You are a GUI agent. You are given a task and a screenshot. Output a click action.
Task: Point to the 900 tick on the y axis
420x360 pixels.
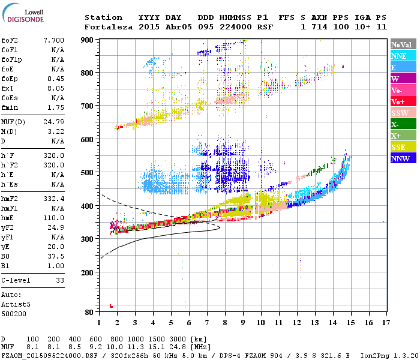click(88, 40)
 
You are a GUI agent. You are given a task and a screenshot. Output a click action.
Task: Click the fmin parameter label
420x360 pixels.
click(10, 107)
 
